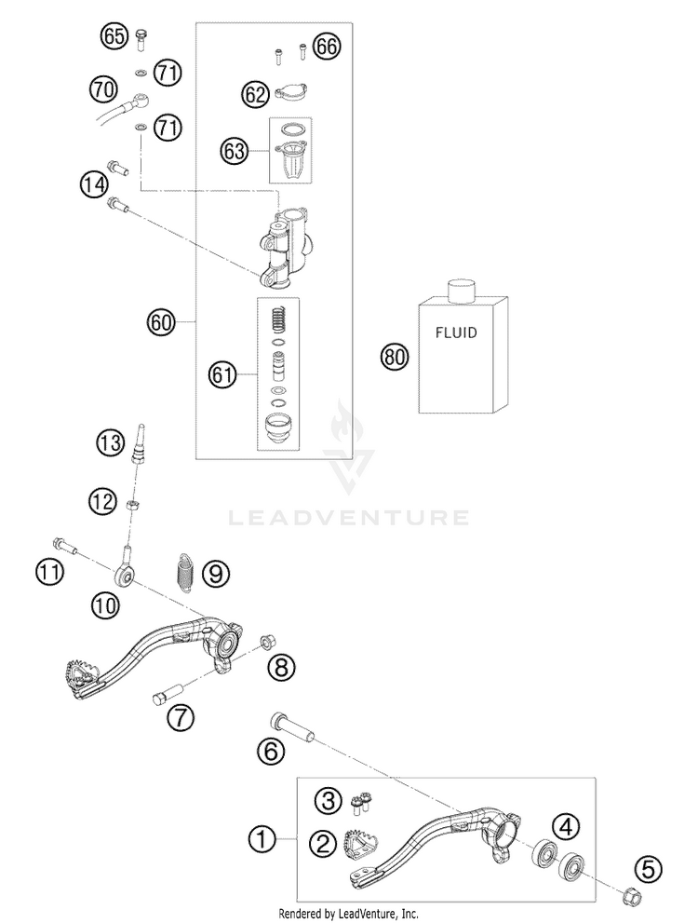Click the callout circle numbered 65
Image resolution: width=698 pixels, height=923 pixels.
click(114, 37)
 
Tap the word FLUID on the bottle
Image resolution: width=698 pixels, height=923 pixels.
click(456, 333)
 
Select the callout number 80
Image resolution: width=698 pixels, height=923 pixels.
click(395, 358)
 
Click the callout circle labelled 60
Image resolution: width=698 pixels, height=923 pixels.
click(162, 322)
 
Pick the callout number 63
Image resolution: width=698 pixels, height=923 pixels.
click(234, 151)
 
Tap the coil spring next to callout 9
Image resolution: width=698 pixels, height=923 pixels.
click(186, 573)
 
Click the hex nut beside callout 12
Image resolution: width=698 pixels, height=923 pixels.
click(133, 505)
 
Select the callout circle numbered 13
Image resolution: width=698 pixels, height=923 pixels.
click(111, 442)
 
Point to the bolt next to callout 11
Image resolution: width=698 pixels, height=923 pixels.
click(65, 546)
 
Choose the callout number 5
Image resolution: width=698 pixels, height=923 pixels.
click(648, 870)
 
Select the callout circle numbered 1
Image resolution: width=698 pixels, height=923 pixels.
click(262, 839)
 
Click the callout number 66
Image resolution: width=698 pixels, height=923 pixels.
click(327, 47)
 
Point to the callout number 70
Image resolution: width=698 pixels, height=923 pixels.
click(103, 89)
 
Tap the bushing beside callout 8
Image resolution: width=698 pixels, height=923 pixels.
click(266, 641)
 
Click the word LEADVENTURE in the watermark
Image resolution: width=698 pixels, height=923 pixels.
click(349, 518)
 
